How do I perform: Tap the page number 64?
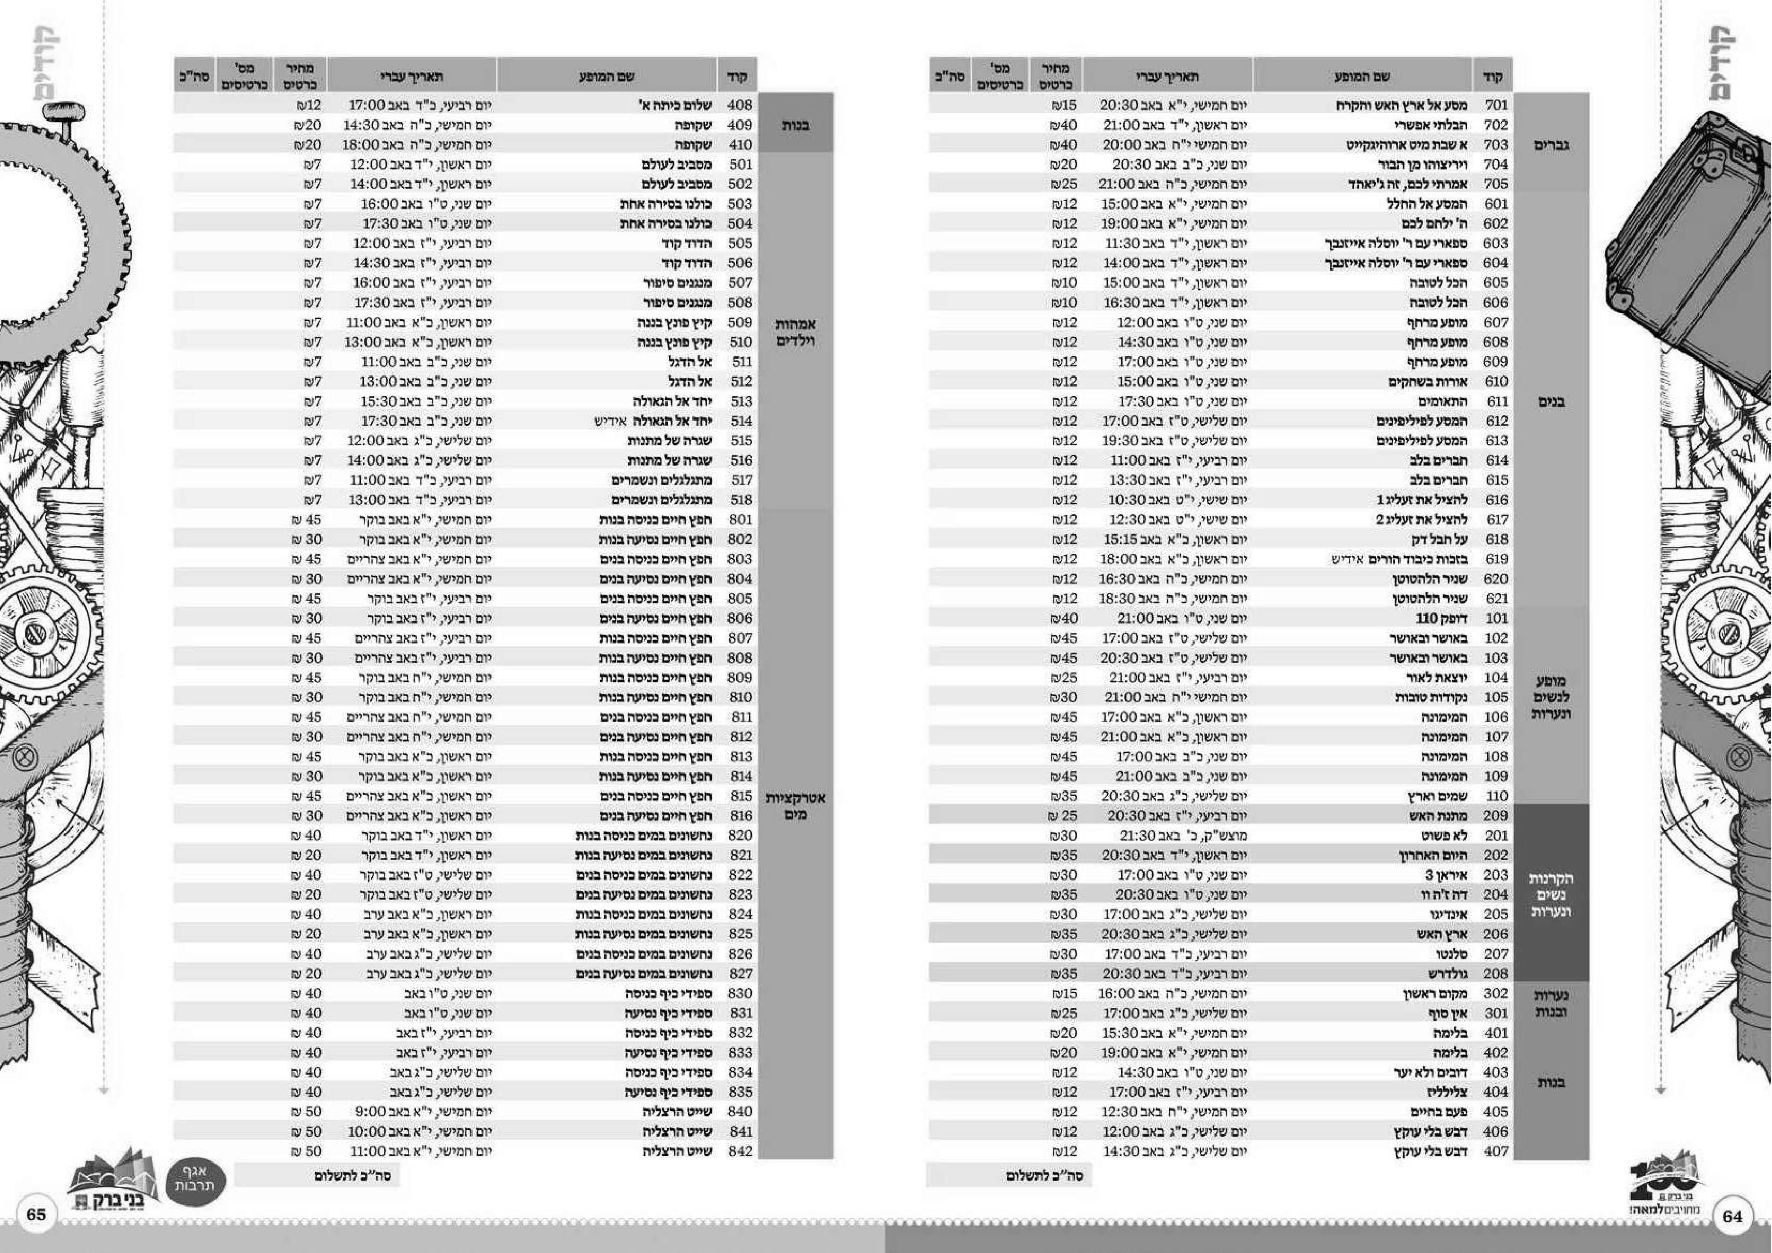(x=1732, y=1216)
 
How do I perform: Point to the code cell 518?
(x=740, y=500)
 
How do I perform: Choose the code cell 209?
(x=1496, y=816)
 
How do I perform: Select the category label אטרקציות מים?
(x=795, y=806)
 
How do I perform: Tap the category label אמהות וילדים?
(x=795, y=332)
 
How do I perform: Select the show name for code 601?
(x=1426, y=204)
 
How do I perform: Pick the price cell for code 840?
(x=307, y=1112)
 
